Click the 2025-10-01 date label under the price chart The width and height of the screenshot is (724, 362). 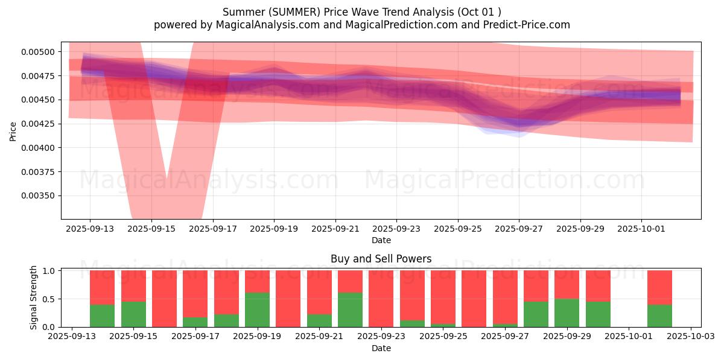(x=641, y=229)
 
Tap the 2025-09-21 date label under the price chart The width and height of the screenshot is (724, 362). (x=335, y=229)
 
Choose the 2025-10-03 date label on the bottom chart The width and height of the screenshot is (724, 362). (x=691, y=337)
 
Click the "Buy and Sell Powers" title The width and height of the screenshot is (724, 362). (x=381, y=259)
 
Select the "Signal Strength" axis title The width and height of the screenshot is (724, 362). (x=34, y=297)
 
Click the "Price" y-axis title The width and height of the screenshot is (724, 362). (x=13, y=131)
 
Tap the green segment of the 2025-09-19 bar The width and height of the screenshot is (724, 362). (x=257, y=310)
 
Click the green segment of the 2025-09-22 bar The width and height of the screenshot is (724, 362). (x=350, y=310)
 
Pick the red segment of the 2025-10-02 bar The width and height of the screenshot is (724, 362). (x=659, y=287)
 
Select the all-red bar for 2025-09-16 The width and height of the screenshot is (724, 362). (x=164, y=299)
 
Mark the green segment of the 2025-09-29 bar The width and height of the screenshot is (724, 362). (x=567, y=313)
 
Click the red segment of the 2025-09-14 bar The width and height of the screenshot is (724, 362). (x=102, y=287)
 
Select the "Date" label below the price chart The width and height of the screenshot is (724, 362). (x=381, y=240)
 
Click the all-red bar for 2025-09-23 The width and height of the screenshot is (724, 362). (x=381, y=299)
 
